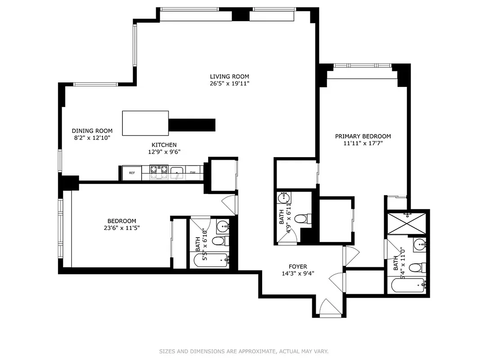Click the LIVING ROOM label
coord(229,76)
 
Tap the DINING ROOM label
coord(92,131)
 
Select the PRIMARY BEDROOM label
coord(363,136)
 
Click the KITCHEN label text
coord(164,145)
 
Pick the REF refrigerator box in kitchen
coord(132,173)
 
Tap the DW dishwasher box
coord(193,173)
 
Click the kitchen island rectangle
coord(145,123)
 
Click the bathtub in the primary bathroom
coord(407,286)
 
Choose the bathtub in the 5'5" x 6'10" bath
coord(210,260)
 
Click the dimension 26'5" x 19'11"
coord(229,83)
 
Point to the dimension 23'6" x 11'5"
coord(121,228)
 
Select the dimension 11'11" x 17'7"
coord(363,144)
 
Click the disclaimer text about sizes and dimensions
coord(244,351)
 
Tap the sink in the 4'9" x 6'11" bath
coord(283,198)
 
